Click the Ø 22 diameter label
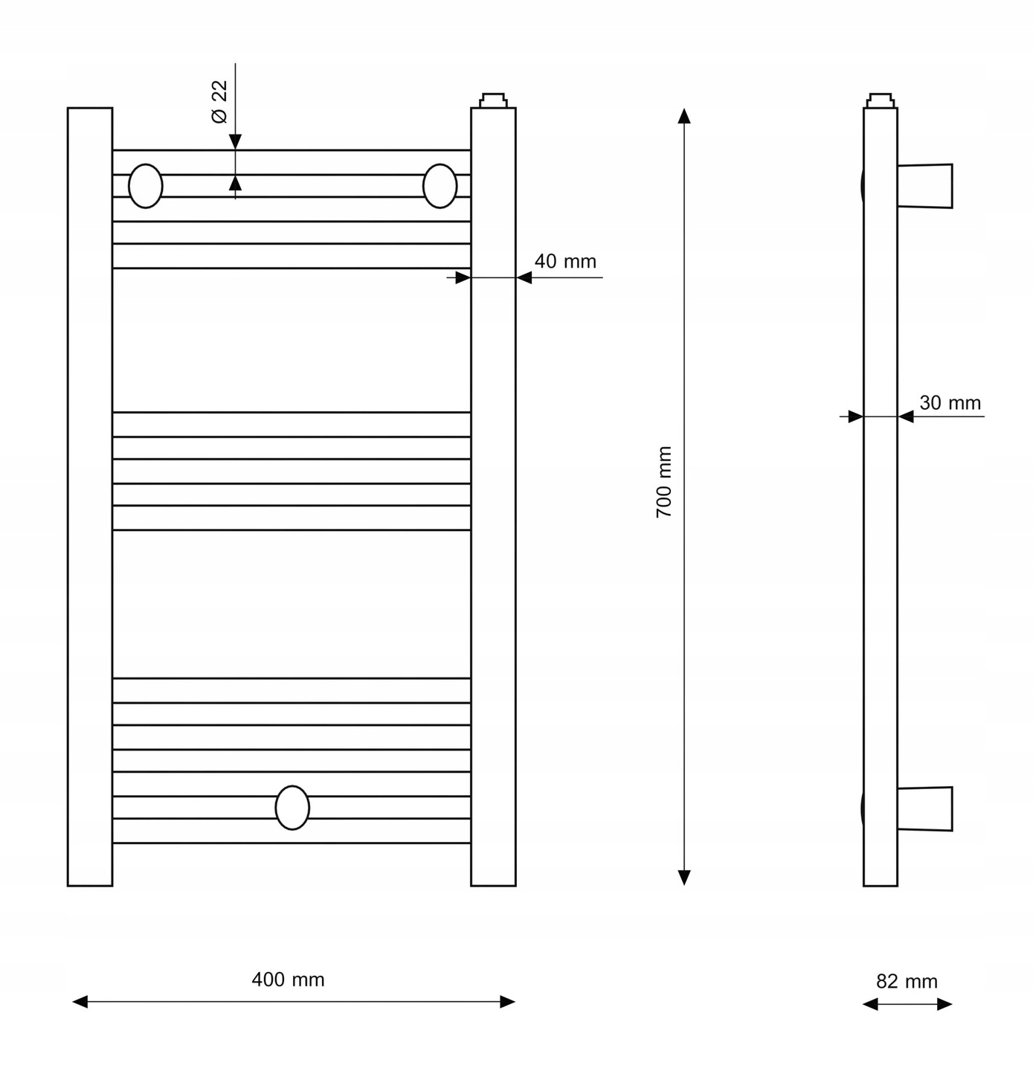(x=219, y=102)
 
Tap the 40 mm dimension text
(x=565, y=261)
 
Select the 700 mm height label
(x=663, y=481)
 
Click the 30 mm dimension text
(x=950, y=403)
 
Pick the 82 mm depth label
(x=907, y=981)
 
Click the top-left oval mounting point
(x=145, y=186)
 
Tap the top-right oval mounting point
(x=440, y=186)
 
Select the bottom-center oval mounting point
(x=292, y=808)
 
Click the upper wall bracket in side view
(x=924, y=186)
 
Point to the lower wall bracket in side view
(x=924, y=808)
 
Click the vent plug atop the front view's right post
(x=493, y=100)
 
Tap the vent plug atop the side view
(x=881, y=100)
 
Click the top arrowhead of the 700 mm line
(x=684, y=115)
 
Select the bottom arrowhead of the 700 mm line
(x=684, y=878)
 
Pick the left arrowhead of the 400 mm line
(x=80, y=1002)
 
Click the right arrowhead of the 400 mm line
(x=507, y=1002)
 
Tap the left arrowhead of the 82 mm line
(x=870, y=1004)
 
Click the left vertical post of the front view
(x=90, y=497)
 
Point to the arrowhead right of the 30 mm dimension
(x=906, y=416)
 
